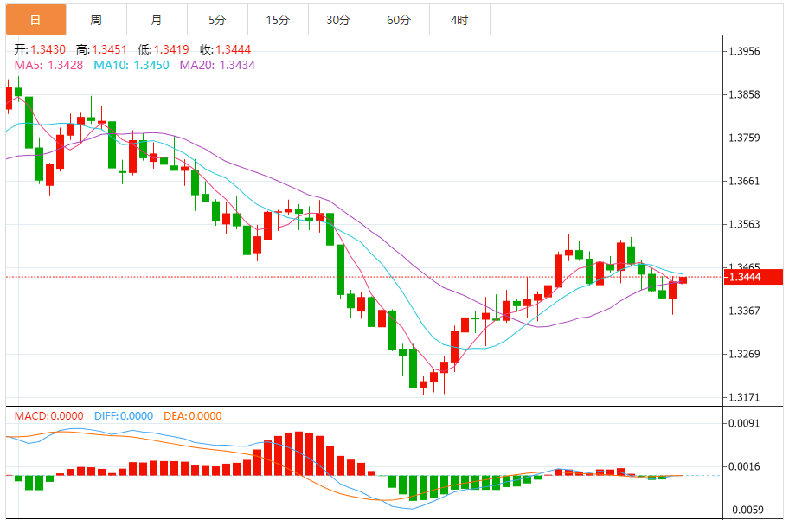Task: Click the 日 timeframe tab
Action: [35, 20]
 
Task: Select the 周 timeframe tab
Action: [95, 20]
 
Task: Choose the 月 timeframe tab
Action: [156, 20]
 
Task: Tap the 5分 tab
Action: [216, 20]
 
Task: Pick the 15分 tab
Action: [277, 20]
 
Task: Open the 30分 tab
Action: [338, 20]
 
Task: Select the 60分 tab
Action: [399, 20]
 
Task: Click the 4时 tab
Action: [459, 20]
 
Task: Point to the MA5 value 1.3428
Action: [65, 65]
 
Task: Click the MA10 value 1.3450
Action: [152, 65]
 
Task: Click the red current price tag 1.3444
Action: [753, 277]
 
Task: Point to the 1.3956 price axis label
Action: [744, 52]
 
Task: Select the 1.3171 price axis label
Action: [744, 397]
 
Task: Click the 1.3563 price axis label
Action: [744, 224]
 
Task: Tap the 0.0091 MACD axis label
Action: [744, 423]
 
